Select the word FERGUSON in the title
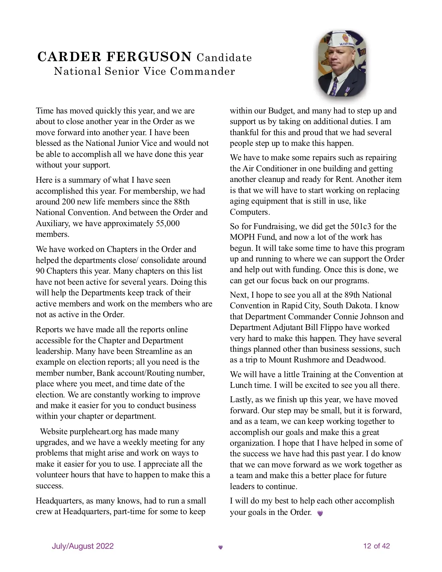(x=149, y=57)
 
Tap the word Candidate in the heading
(x=224, y=58)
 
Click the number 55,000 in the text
(x=168, y=223)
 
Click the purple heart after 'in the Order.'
(x=320, y=513)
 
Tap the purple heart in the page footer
(x=221, y=547)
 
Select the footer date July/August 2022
(x=83, y=546)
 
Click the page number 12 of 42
(x=376, y=546)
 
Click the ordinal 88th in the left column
(x=181, y=201)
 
